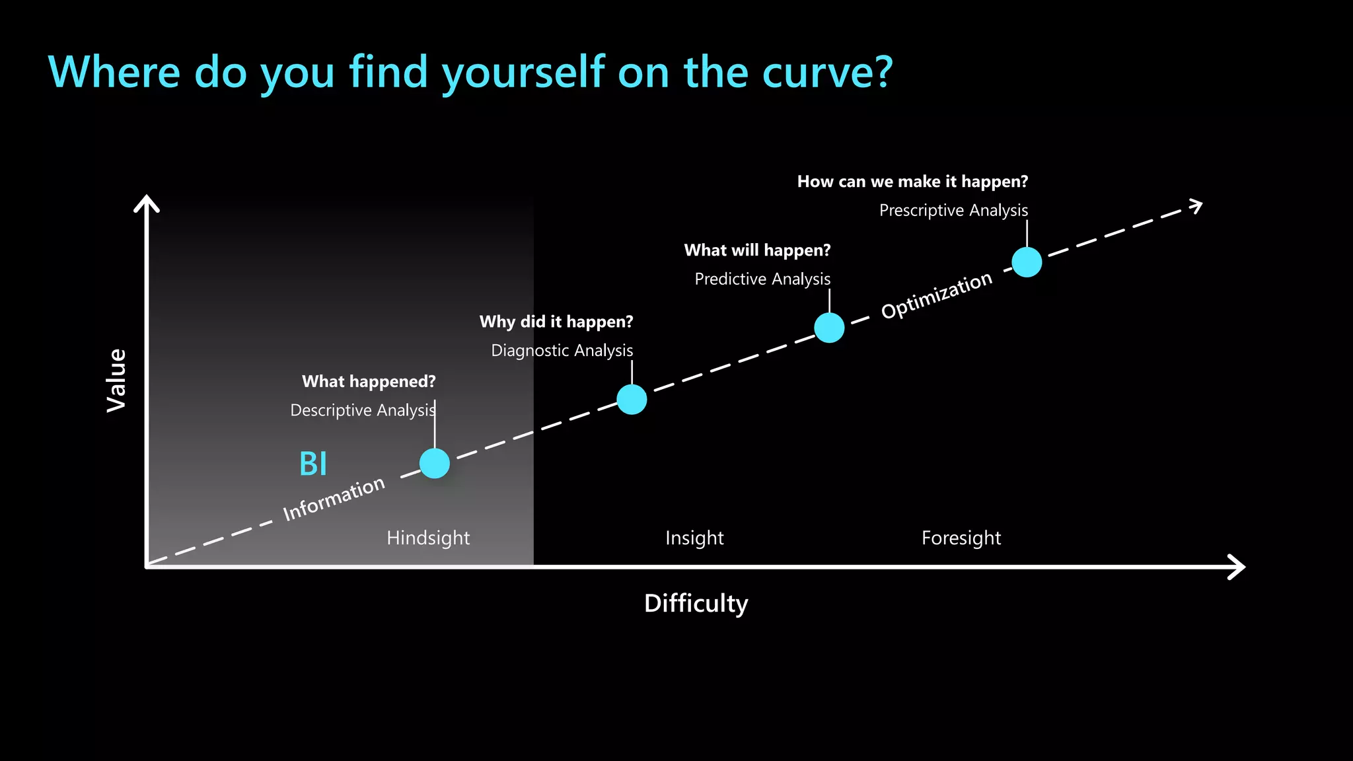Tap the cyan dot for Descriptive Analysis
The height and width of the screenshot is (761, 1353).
[x=435, y=463]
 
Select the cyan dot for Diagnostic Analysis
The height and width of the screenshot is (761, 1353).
[x=632, y=399]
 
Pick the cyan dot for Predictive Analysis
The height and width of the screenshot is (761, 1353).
[x=829, y=328]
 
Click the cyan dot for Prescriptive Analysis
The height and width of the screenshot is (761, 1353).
[x=1027, y=262]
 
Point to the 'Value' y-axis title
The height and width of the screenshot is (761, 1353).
[x=117, y=380]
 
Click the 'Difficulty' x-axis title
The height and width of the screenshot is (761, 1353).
[x=696, y=603]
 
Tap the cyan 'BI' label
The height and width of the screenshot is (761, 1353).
[x=313, y=464]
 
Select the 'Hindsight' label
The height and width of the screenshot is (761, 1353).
[x=428, y=538]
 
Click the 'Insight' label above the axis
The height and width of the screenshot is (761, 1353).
[x=694, y=538]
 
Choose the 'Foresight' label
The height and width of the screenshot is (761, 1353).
[x=961, y=538]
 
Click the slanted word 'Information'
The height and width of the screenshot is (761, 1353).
[x=334, y=499]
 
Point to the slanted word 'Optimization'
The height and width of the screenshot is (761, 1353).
[x=936, y=295]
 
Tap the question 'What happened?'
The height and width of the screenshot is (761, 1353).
[x=369, y=381]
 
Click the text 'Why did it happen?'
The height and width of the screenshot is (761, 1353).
[x=556, y=322]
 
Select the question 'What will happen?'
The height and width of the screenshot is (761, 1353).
[x=757, y=250]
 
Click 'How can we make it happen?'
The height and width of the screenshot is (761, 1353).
[x=912, y=182]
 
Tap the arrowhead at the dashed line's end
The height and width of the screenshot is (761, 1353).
[x=1196, y=206]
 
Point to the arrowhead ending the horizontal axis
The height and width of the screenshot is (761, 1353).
[x=1237, y=567]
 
